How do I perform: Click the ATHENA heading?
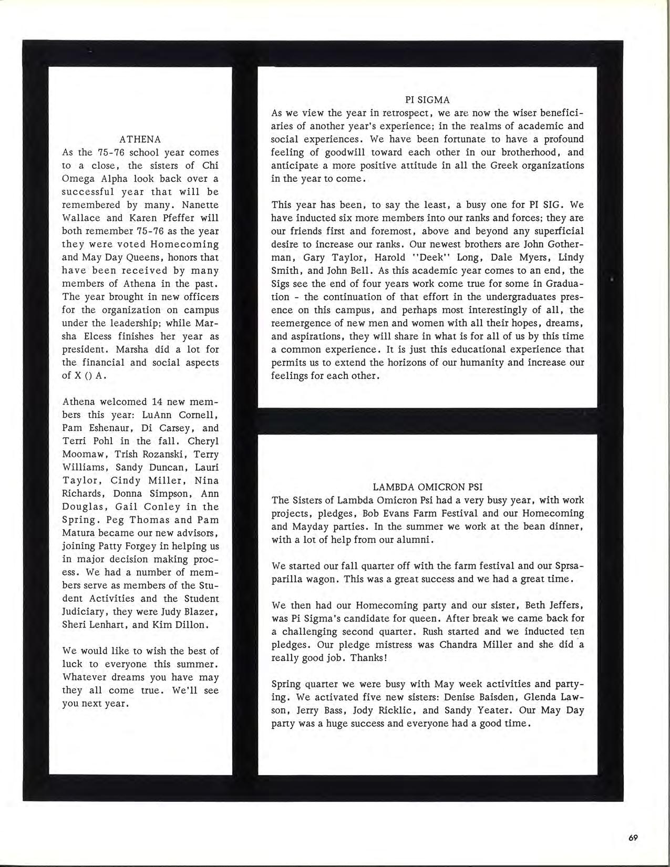pos(140,139)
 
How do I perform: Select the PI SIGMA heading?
pos(427,100)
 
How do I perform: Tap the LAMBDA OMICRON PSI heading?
pos(427,487)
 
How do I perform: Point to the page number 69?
pos(633,838)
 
